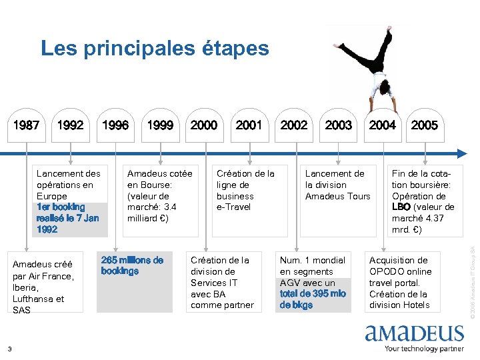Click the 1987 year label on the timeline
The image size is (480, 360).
[27, 125]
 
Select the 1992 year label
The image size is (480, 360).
[71, 125]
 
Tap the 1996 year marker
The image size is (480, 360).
[115, 125]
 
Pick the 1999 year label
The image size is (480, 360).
[160, 125]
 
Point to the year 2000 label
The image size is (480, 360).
[204, 125]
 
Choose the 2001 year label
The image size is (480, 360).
[249, 125]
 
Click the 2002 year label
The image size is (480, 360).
[294, 125]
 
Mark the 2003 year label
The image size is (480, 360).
[338, 125]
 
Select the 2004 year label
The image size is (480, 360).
[382, 125]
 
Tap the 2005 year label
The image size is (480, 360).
[425, 125]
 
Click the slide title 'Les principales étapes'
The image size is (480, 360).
[155, 48]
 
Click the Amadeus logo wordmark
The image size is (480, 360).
[414, 334]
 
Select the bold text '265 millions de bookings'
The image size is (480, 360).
[132, 265]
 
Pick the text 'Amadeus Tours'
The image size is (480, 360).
[337, 196]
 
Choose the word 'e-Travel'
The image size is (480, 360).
[234, 207]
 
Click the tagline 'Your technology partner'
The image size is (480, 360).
[424, 348]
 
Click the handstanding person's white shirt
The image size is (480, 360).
[381, 84]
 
